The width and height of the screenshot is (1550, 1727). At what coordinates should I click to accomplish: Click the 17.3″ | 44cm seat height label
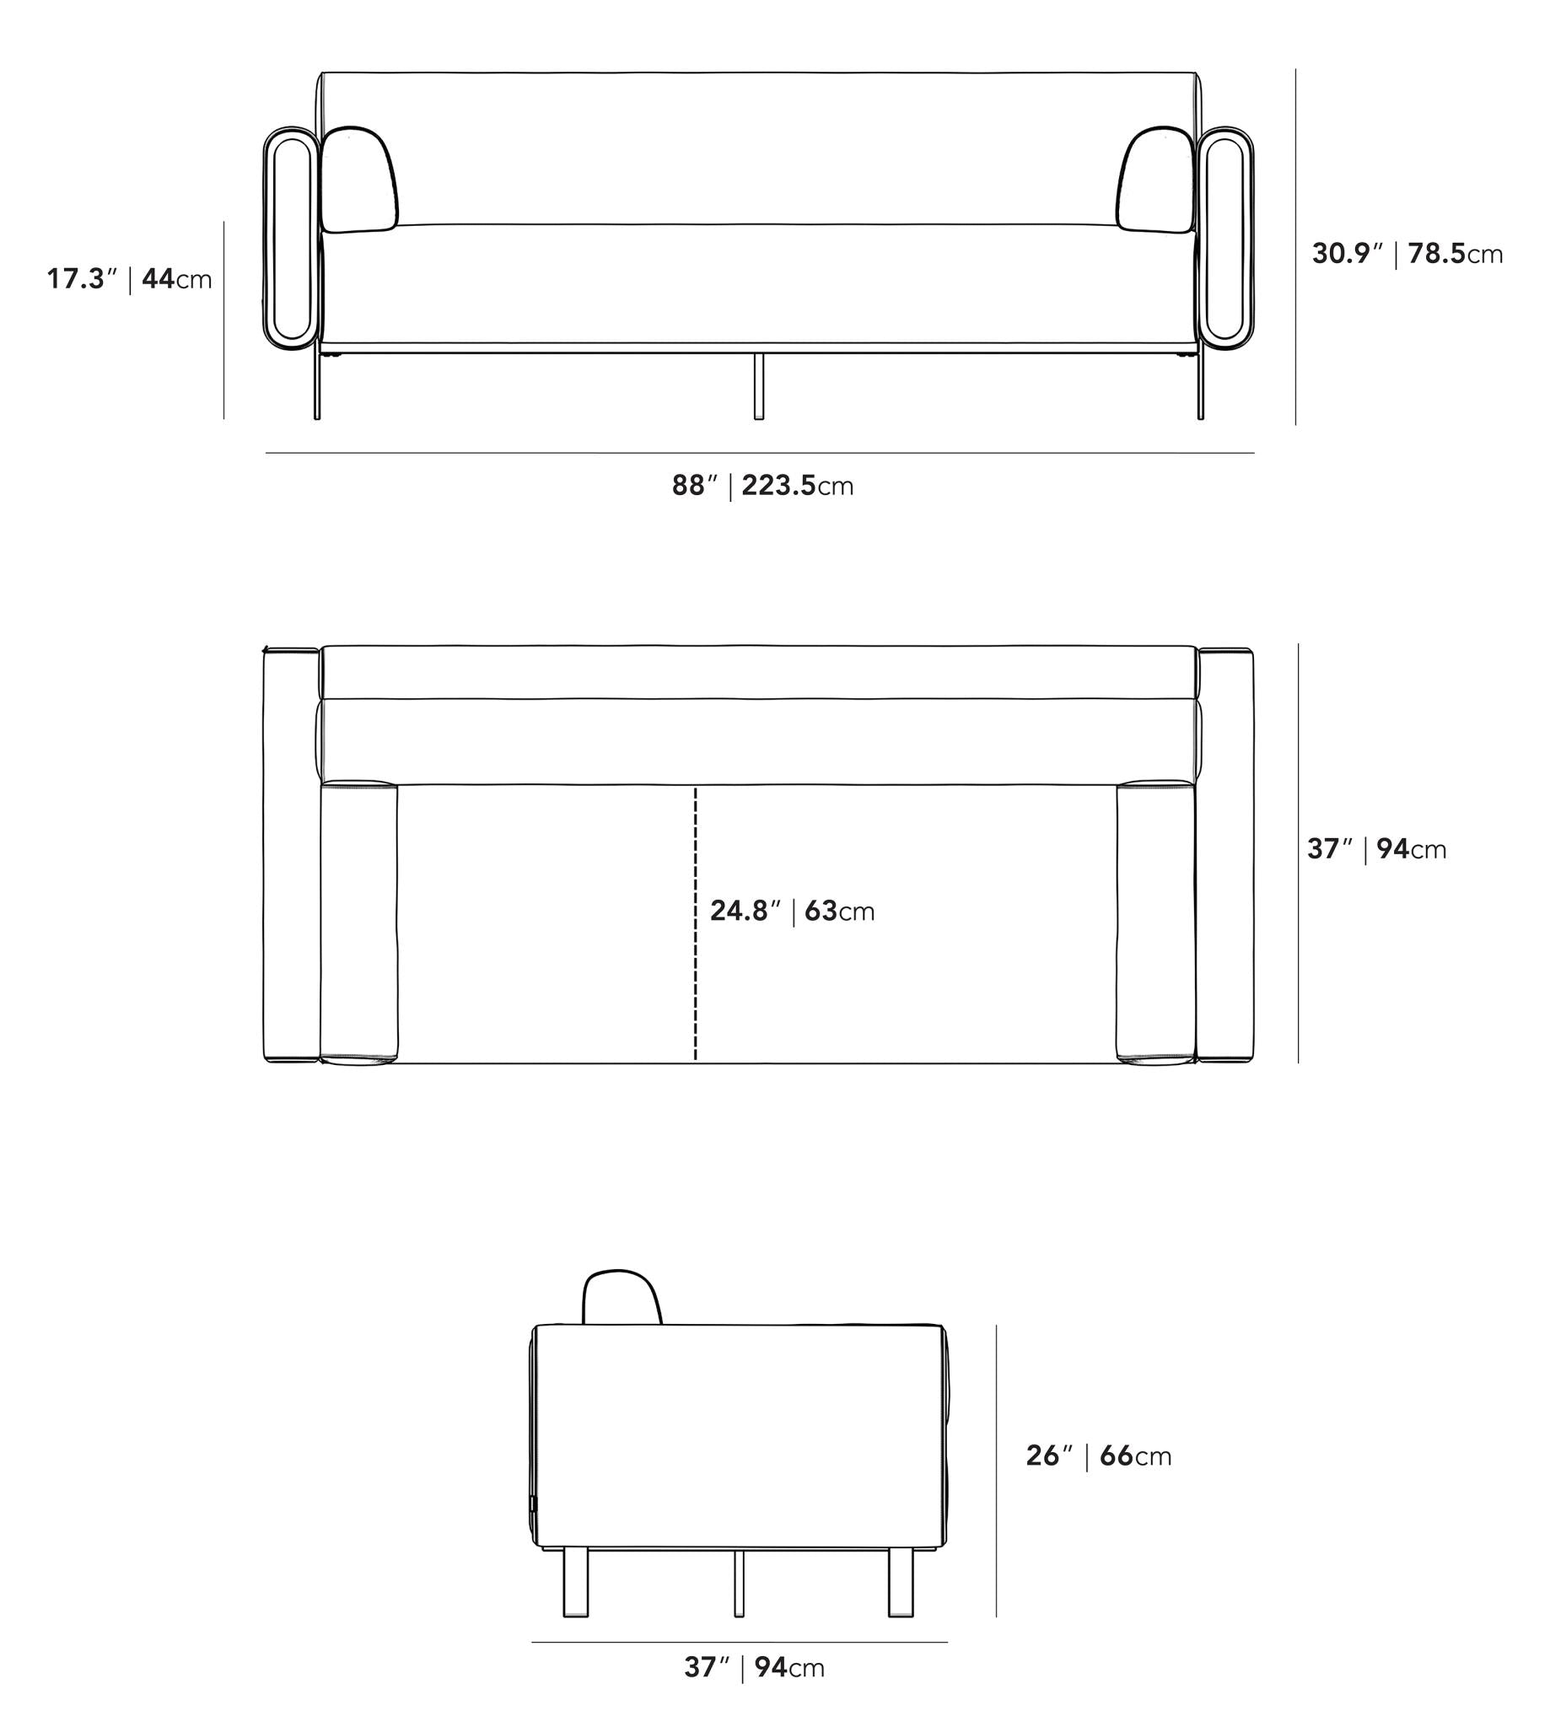[x=130, y=278]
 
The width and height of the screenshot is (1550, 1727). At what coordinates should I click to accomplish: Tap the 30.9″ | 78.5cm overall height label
[x=1407, y=253]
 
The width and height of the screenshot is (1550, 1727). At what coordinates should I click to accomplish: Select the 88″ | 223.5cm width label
[x=762, y=486]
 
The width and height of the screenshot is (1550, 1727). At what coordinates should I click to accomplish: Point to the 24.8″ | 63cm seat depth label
[x=792, y=912]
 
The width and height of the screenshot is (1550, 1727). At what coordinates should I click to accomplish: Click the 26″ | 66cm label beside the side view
[x=1099, y=1455]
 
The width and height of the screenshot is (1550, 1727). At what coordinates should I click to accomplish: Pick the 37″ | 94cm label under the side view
[x=755, y=1666]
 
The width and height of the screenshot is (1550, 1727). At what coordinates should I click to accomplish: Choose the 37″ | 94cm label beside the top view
[x=1377, y=849]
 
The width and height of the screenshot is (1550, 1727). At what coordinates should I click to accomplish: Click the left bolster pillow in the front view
[x=358, y=180]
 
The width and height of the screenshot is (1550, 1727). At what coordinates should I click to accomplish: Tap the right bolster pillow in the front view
[x=1156, y=180]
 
